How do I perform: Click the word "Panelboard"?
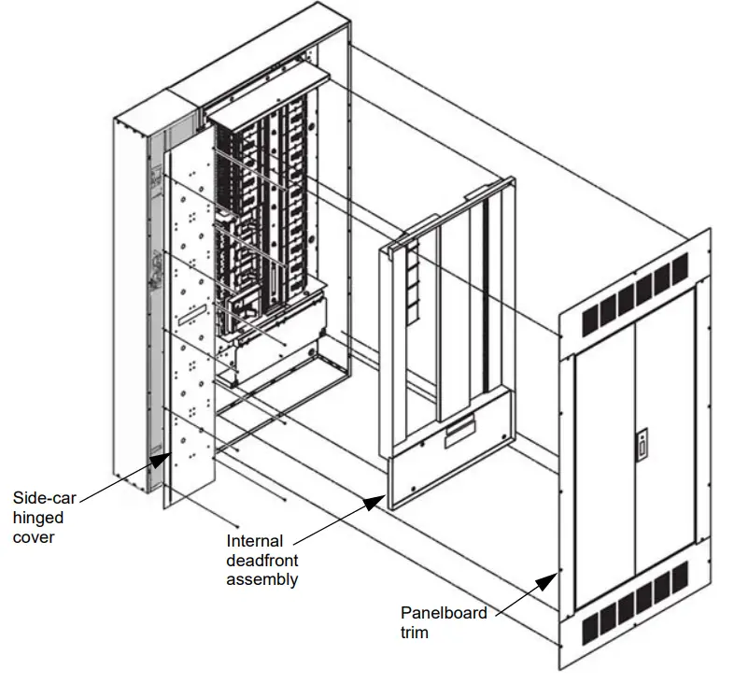tap(445, 614)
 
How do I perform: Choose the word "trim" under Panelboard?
tap(416, 633)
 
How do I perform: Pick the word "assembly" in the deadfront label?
tap(262, 579)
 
